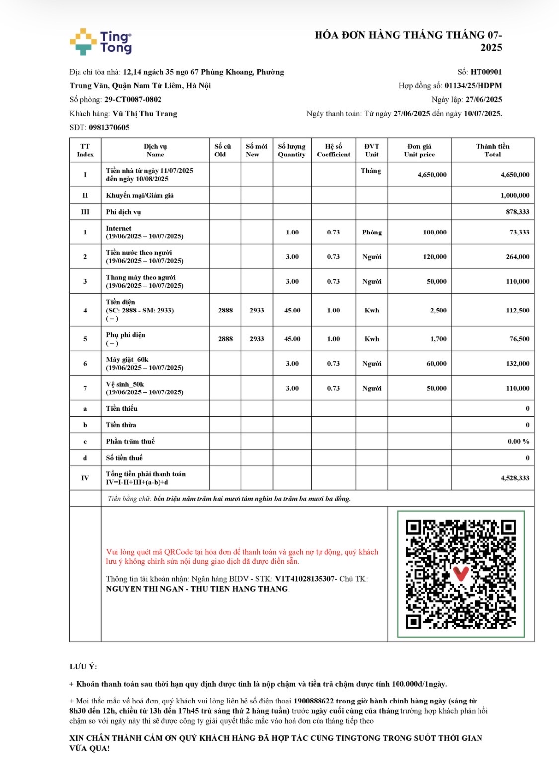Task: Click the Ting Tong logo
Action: [100, 42]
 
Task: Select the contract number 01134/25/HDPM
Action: [473, 86]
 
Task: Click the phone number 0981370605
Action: [109, 128]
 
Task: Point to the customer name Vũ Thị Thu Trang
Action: [145, 114]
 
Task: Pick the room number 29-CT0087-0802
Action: [133, 100]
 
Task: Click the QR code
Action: [461, 574]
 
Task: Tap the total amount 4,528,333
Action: [515, 478]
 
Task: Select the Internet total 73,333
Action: [519, 232]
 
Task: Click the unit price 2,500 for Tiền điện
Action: [438, 310]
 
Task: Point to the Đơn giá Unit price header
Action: [419, 150]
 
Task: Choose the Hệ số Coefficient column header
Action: [333, 150]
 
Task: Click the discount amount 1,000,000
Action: [515, 195]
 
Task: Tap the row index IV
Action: [85, 478]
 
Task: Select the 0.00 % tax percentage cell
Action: [518, 441]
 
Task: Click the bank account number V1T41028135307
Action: [305, 579]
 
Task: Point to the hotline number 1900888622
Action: [313, 701]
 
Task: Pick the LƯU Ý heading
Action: [83, 666]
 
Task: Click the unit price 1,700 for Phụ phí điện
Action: [438, 339]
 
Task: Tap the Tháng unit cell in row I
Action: [371, 171]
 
